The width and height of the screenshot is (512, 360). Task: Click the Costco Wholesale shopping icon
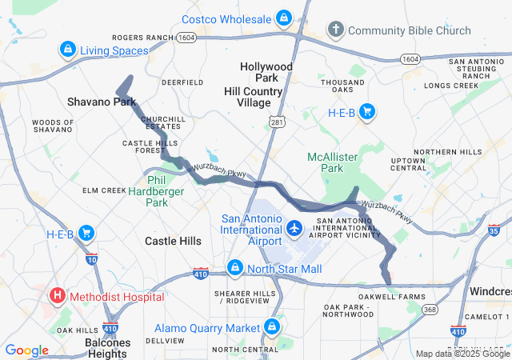(x=283, y=18)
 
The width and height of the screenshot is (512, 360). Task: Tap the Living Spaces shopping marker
(x=68, y=50)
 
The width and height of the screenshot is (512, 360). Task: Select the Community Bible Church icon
(x=336, y=30)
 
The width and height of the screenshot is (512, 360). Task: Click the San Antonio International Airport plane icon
(x=294, y=228)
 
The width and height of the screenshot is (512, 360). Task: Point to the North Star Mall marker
(x=234, y=268)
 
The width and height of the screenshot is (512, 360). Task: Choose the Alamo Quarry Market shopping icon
(x=272, y=327)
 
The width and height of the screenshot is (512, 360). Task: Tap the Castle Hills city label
(x=173, y=240)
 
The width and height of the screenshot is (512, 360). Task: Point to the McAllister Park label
(x=333, y=162)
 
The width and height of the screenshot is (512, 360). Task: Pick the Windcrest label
(x=490, y=290)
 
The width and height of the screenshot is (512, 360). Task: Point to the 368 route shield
(x=431, y=310)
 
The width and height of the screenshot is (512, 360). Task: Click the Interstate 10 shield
(x=91, y=258)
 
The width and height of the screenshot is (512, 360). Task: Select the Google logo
(x=26, y=350)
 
